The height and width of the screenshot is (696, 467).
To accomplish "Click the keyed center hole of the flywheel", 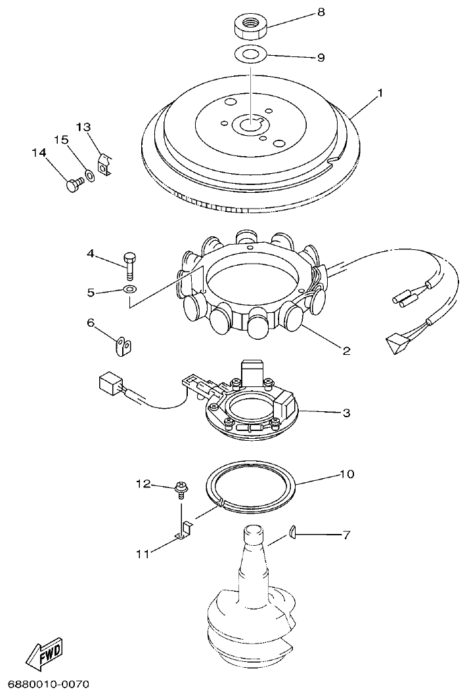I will [250, 122].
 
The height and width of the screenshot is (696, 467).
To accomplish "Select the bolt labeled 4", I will [129, 265].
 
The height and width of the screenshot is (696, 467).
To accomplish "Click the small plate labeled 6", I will [123, 346].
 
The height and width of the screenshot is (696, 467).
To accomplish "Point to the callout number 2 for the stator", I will [346, 350].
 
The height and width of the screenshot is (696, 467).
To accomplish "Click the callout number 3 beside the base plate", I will [346, 413].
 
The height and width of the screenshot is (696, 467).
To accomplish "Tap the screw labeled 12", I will [179, 487].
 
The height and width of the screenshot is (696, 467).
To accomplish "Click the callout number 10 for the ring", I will [345, 473].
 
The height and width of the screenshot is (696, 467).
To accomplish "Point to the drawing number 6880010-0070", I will [45, 685].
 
